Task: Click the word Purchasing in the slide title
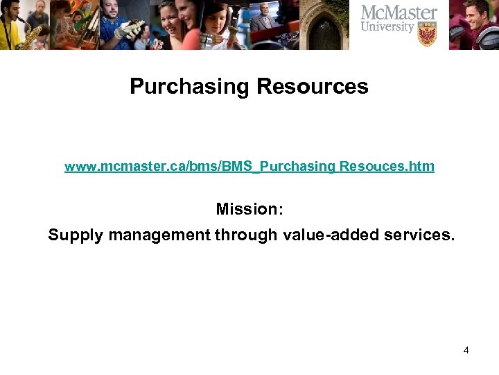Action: coord(190,87)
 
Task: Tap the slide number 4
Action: coord(466,350)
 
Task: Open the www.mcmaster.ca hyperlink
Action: coord(249,166)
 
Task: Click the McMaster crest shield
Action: coord(427,33)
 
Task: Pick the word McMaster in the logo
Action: coord(400,13)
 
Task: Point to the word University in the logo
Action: coord(388,28)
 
